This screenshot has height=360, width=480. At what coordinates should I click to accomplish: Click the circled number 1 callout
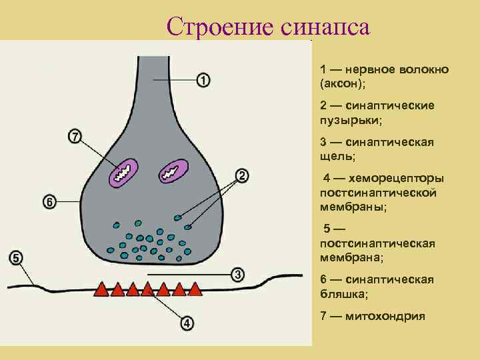point(203,81)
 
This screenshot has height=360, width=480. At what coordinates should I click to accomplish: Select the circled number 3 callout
point(237,275)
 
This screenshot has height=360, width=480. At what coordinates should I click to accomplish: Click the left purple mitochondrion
point(123,172)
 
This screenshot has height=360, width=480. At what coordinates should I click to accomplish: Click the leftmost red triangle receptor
point(101,289)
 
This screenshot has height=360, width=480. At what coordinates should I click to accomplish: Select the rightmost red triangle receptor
point(195,289)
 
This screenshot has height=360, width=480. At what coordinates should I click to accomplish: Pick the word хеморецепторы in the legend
point(398,178)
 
